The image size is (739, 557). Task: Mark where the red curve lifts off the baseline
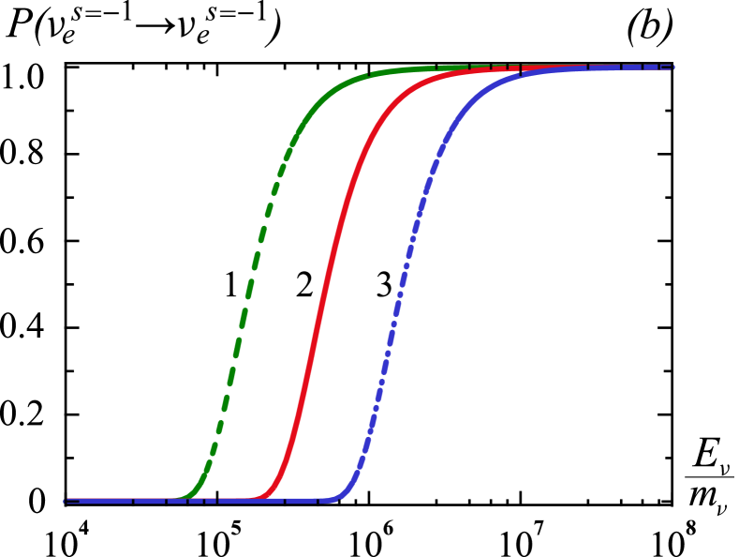[x=262, y=497]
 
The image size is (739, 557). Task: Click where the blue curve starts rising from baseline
[x=339, y=497]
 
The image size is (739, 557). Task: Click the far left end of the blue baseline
[x=66, y=501]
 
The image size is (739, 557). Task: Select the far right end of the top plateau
[x=672, y=68]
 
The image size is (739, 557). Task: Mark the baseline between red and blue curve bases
[x=300, y=501]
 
